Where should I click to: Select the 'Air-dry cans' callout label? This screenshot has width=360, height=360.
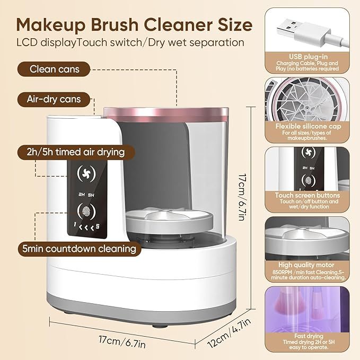point(54,99)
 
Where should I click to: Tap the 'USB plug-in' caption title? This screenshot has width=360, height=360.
point(308,56)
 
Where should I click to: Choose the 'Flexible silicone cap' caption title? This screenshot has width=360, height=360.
point(308,127)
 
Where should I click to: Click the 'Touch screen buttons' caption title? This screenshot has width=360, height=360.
point(308,196)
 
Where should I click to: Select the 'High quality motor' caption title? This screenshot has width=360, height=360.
point(308,264)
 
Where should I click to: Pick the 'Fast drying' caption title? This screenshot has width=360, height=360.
point(308,335)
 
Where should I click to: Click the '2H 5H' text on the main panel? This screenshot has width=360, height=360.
point(84,194)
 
